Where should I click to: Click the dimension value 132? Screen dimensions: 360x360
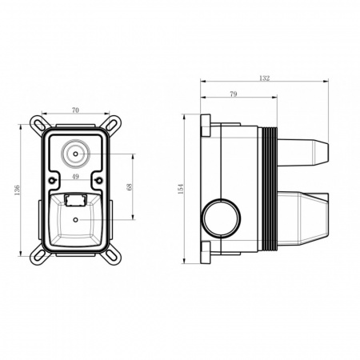(x=265, y=78)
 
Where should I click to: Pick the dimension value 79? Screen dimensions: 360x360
(x=234, y=95)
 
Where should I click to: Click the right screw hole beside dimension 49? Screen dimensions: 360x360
(x=96, y=178)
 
